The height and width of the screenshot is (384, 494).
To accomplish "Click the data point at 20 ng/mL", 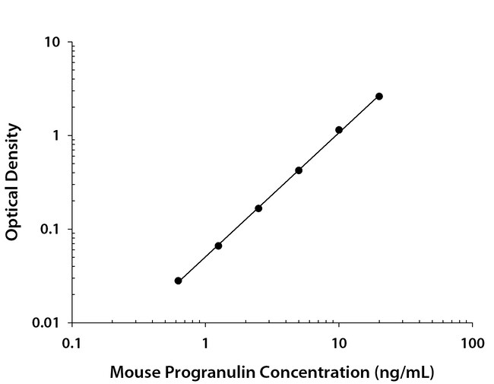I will pos(379,97).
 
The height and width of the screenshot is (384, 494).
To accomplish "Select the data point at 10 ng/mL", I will pos(339,130).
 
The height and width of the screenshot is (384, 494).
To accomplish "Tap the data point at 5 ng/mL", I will pos(299,170).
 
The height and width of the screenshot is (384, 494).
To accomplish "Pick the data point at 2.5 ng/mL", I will pos(258,208).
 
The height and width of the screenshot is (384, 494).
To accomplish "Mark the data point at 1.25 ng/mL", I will pos(218,246).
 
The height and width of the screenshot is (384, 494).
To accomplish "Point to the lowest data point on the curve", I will pos(178,281).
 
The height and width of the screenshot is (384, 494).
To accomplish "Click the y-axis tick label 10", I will pos(52,43).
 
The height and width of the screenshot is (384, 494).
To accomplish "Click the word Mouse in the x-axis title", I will pos(133,373).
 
